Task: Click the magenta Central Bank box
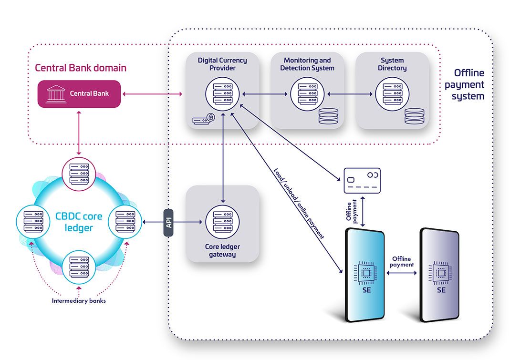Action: pos(79,93)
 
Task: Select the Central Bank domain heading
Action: pos(81,68)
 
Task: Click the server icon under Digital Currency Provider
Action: pos(223,94)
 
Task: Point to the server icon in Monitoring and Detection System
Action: pos(307,94)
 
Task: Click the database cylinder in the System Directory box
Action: pos(414,116)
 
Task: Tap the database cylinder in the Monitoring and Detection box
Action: pos(329,116)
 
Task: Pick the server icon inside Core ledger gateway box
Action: pos(223,222)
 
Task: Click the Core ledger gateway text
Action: pos(223,250)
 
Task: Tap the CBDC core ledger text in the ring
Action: pos(79,222)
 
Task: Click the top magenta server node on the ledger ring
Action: pos(79,175)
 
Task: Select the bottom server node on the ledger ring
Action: pos(79,267)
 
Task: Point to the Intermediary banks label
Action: pos(79,301)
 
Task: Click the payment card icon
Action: pos(362,181)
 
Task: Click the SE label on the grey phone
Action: pos(441,289)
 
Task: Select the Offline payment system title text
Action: pos(468,85)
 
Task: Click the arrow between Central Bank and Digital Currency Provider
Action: pos(152,94)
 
